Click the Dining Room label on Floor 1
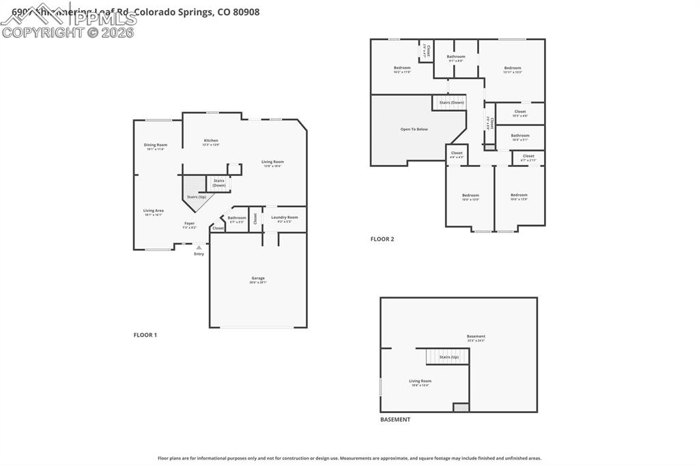coord(156,145)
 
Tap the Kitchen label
coord(211,140)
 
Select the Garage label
coord(258,278)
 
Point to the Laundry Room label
coord(284,217)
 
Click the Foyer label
coord(189,224)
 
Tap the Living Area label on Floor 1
coord(154,211)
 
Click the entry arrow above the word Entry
coord(199,247)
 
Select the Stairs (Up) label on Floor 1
coord(197,196)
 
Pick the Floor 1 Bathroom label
coord(237,217)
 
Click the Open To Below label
coord(414,129)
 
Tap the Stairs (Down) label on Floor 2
coord(451,102)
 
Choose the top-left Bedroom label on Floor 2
coord(402,67)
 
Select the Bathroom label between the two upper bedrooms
coord(456,57)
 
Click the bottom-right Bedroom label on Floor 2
coord(519,195)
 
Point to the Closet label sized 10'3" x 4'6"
coord(520,112)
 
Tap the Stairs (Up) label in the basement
coord(448,357)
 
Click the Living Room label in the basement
coord(420,381)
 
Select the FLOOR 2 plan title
coord(382,239)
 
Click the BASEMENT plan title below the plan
coord(395,419)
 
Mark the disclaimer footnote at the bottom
coord(349,458)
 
